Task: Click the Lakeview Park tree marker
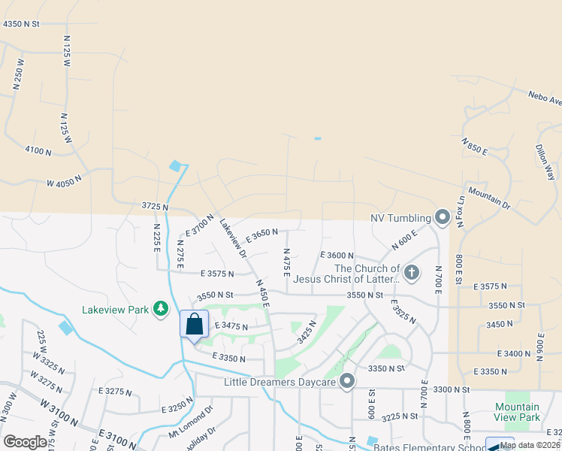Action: point(160,308)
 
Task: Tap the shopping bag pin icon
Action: point(194,324)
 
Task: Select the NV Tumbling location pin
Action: point(442,219)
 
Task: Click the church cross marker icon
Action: point(411,273)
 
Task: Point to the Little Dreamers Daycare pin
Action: point(346,382)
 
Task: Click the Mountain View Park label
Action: point(517,412)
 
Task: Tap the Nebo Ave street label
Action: point(545,98)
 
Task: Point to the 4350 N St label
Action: point(31,24)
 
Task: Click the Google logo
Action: point(25,442)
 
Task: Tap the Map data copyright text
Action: point(530,445)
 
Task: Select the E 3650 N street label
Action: point(261,235)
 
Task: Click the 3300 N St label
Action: point(450,390)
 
